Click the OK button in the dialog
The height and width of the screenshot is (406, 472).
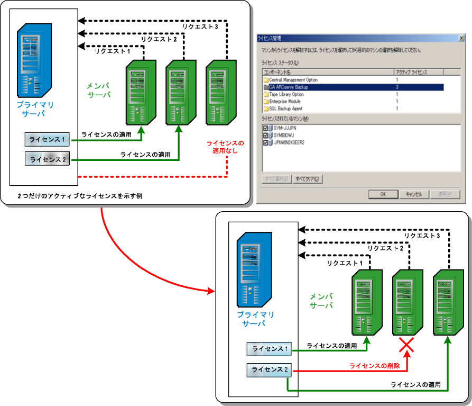[382, 194]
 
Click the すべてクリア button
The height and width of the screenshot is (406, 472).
[308, 179]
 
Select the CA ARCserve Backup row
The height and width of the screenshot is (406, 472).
[288, 87]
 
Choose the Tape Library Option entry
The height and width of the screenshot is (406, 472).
[286, 94]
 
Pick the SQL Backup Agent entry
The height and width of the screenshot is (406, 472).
[286, 109]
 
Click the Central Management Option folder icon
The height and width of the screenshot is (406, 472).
[266, 80]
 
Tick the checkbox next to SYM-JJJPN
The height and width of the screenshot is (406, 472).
[265, 128]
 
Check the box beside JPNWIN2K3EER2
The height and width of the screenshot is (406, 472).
[265, 142]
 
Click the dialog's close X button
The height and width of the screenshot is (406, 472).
[461, 38]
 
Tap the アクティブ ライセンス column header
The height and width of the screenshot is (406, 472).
[411, 71]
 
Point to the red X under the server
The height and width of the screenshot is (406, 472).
[406, 346]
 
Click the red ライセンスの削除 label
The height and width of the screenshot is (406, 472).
[375, 366]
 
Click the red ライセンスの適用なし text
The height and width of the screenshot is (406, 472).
[225, 147]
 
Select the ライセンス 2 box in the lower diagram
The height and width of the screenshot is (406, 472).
[269, 369]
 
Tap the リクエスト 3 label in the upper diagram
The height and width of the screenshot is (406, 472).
[200, 27]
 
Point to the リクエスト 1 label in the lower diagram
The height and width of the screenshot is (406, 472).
[345, 263]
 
